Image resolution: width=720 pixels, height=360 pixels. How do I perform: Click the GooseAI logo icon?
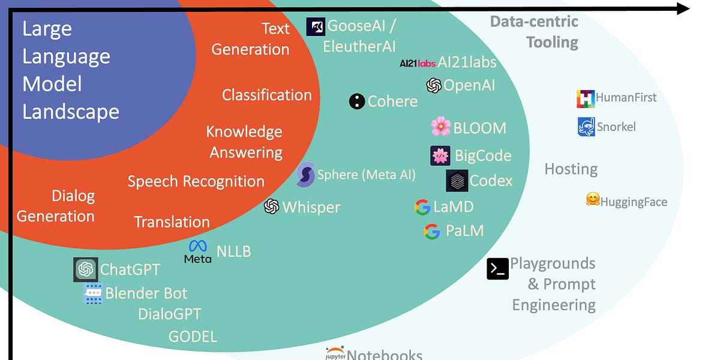click(316, 27)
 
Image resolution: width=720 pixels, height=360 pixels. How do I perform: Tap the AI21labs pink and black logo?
click(418, 63)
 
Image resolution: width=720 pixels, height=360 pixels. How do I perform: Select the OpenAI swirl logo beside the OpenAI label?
click(434, 85)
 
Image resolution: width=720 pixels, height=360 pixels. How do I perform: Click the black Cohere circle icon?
click(357, 101)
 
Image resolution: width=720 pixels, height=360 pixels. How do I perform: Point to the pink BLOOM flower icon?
click(441, 127)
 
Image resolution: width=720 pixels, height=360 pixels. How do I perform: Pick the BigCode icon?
click(440, 156)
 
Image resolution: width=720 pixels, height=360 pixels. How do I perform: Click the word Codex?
click(491, 181)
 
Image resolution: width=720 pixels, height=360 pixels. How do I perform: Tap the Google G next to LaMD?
click(422, 207)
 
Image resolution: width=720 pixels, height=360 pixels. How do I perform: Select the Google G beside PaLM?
click(432, 231)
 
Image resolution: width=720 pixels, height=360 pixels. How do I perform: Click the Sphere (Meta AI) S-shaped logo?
click(305, 175)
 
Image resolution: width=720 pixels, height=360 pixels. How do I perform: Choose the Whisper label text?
click(311, 208)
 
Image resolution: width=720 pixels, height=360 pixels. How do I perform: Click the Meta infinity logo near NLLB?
click(197, 247)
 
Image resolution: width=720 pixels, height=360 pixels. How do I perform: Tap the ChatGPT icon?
click(85, 269)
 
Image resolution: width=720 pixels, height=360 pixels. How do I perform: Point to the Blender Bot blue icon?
click(93, 293)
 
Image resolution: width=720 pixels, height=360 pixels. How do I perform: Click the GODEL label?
click(193, 337)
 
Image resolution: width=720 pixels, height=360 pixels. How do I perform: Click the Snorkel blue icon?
click(586, 127)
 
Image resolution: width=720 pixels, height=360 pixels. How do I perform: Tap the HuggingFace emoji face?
click(593, 199)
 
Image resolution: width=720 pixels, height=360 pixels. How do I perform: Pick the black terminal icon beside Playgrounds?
click(497, 268)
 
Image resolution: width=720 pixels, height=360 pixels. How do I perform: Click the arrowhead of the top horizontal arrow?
click(682, 8)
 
